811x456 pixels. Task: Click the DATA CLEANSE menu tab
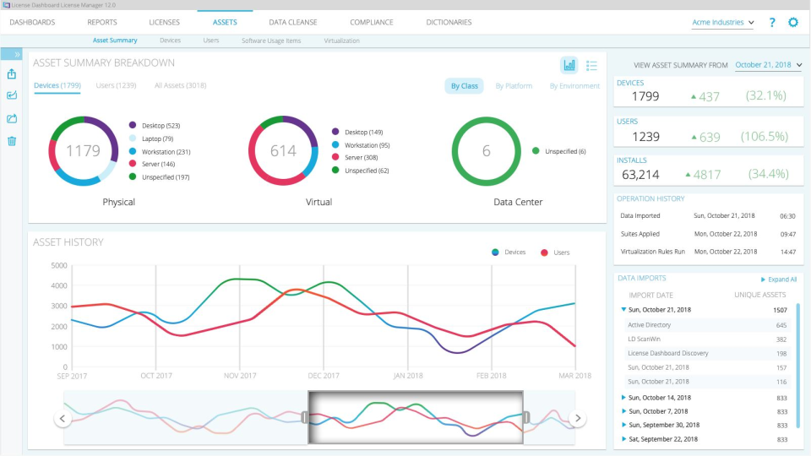tap(293, 22)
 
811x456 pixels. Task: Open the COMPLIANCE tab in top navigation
tap(371, 22)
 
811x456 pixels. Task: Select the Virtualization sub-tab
tap(341, 41)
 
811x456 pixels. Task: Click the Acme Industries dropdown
tap(722, 23)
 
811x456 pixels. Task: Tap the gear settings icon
tap(792, 23)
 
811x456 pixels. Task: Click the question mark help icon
tap(771, 23)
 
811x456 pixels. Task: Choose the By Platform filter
tap(514, 86)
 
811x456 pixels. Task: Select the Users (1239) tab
tap(116, 85)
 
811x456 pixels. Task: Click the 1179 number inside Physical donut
tap(83, 151)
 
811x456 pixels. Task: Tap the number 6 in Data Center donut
tap(486, 151)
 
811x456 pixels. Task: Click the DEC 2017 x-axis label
tap(324, 376)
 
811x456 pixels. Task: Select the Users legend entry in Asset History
tap(560, 252)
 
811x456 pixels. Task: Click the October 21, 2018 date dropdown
tap(768, 65)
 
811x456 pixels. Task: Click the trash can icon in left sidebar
tap(12, 140)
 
